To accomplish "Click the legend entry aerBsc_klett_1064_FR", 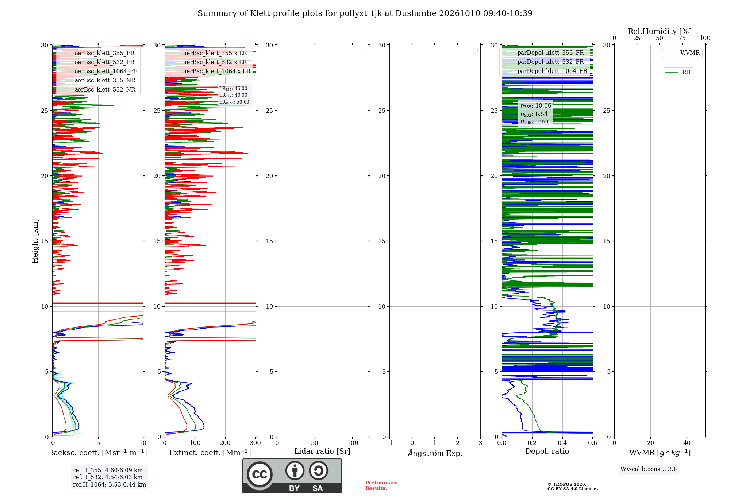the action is [98, 71].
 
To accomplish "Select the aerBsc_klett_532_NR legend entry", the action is [97, 90].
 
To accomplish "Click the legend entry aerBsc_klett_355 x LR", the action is [207, 53].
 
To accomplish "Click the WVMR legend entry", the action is [682, 53].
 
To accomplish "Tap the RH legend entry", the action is [678, 73].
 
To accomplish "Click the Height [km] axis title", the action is [35, 241].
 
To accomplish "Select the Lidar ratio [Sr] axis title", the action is [322, 452].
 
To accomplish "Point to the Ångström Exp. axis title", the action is [435, 453].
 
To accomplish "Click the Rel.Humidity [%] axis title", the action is [660, 31].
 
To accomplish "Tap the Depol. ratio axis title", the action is [547, 452].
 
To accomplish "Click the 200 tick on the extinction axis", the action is [225, 443].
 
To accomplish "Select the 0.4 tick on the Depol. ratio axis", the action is [562, 443].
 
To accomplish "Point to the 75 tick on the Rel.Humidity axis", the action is [682, 38].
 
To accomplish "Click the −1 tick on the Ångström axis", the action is [389, 443].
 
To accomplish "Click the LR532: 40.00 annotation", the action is [233, 95].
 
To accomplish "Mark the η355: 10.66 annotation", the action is [536, 106].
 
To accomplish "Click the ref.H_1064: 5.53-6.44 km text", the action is [109, 485].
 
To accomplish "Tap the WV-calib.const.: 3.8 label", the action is [649, 469].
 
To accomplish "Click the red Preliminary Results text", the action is [381, 485].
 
